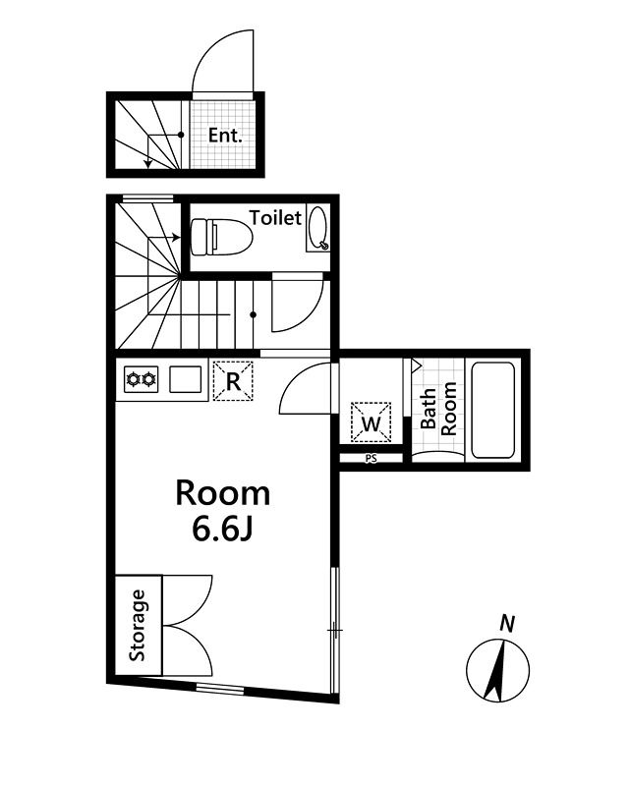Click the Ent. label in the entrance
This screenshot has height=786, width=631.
[x=225, y=136]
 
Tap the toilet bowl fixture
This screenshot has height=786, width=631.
[x=221, y=236]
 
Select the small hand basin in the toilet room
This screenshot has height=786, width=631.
[x=317, y=228]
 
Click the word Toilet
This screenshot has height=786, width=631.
[x=275, y=217]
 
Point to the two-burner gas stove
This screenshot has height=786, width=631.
[x=141, y=379]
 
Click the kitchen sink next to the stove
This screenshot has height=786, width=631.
[x=186, y=379]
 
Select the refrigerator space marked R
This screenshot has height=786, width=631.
[x=233, y=381]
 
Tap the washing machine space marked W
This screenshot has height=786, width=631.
[x=372, y=422]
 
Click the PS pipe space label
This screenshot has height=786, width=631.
[x=372, y=458]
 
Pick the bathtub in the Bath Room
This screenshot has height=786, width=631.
[x=492, y=410]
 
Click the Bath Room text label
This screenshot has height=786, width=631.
[x=438, y=409]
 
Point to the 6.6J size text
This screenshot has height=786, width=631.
[x=222, y=531]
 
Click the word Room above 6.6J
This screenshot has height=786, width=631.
[x=223, y=493]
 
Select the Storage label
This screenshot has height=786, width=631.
[x=137, y=625]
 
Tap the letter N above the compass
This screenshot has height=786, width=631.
[x=507, y=624]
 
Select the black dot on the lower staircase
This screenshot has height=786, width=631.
[x=254, y=314]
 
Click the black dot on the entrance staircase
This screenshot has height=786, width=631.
[x=181, y=135]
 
